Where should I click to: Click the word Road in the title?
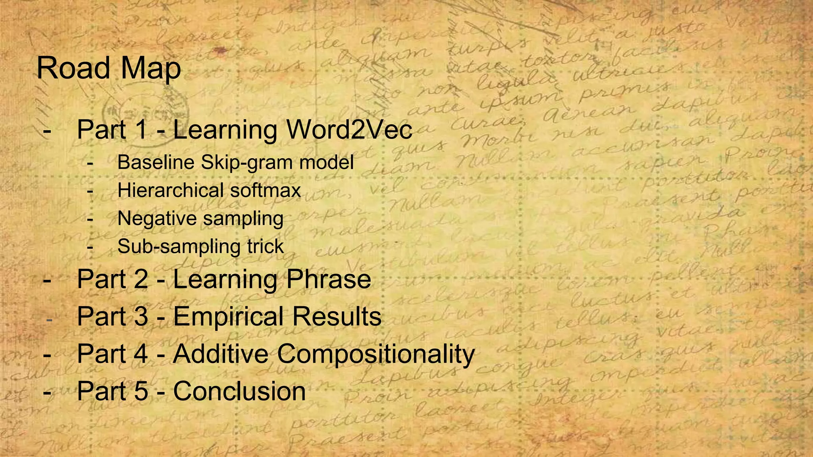pyautogui.click(x=73, y=68)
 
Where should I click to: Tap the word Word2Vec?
pyautogui.click(x=349, y=130)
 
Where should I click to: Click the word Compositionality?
pyautogui.click(x=376, y=354)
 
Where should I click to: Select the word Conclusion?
pyautogui.click(x=239, y=391)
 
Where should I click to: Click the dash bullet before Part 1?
pyautogui.click(x=47, y=131)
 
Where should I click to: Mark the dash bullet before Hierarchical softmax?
pyautogui.click(x=91, y=191)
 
